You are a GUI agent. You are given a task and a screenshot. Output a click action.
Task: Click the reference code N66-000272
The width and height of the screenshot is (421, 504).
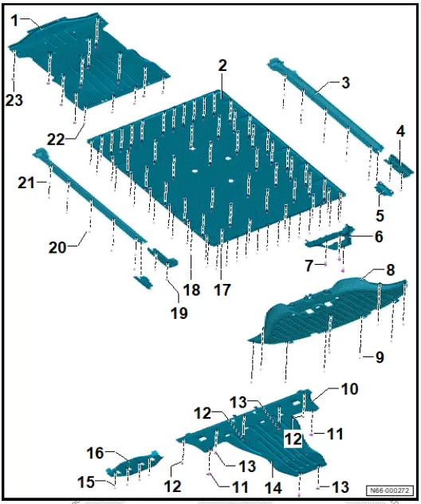(x=390, y=490)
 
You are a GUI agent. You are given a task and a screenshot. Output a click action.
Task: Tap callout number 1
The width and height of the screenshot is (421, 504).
(x=15, y=22)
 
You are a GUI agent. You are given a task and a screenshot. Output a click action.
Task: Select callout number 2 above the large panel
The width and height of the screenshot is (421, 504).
(x=222, y=65)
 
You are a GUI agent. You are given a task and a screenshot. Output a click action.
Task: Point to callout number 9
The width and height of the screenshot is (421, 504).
(x=380, y=357)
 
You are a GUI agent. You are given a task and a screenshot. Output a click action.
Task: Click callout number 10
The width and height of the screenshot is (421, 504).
(x=349, y=389)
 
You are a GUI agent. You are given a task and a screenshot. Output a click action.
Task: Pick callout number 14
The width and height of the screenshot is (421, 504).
(x=273, y=488)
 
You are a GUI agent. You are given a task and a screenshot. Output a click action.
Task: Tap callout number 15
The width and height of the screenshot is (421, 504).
(x=86, y=482)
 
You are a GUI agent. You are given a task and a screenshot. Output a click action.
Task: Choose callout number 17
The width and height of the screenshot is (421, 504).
(x=222, y=289)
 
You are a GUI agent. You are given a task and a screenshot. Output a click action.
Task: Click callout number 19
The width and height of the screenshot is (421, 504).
(x=179, y=313)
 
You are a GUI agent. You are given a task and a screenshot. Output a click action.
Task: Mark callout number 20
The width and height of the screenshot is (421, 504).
(x=57, y=247)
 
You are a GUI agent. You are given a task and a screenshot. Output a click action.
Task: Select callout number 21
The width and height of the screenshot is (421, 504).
(x=26, y=183)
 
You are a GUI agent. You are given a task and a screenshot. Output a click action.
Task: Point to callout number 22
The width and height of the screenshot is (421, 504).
(x=56, y=140)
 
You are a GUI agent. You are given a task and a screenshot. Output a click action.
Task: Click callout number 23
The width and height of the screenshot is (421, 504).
(x=14, y=100)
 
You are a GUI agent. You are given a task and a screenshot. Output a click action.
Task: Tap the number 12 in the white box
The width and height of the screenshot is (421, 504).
(x=293, y=439)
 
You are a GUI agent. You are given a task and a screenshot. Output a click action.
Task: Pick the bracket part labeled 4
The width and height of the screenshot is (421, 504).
(x=399, y=164)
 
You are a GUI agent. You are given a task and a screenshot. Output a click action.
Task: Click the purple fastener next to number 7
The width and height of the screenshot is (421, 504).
(x=326, y=264)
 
